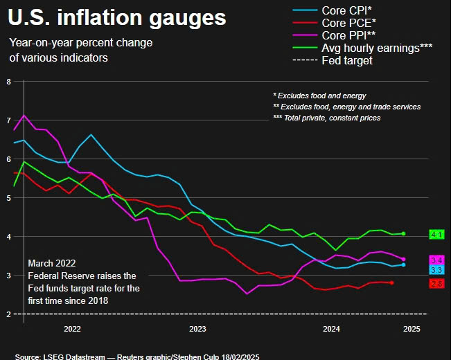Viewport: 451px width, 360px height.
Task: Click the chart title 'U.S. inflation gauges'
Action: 117,18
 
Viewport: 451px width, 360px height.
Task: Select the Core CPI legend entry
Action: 333,10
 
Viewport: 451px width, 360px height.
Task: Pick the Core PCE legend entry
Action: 334,23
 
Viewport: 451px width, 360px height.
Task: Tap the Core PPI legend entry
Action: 334,35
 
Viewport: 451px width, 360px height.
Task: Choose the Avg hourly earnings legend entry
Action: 362,48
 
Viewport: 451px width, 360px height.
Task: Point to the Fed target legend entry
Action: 333,60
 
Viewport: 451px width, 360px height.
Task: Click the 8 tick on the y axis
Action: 8,82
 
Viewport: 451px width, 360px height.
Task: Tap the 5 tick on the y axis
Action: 8,198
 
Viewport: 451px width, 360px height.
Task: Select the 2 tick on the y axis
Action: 8,314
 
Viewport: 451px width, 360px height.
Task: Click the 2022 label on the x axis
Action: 72,329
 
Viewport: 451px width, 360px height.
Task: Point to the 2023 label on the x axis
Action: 197,329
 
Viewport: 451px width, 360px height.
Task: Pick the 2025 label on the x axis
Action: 412,329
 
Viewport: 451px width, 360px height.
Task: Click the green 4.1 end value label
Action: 436,235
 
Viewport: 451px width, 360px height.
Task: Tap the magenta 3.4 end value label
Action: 436,260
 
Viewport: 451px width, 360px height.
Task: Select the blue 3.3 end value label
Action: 436,270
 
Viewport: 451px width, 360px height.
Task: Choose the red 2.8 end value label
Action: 436,284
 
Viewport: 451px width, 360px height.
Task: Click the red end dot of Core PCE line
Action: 391,283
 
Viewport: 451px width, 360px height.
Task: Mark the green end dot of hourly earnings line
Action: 403,234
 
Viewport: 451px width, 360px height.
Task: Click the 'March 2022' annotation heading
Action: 52,263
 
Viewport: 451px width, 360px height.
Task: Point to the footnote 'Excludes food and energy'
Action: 319,96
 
